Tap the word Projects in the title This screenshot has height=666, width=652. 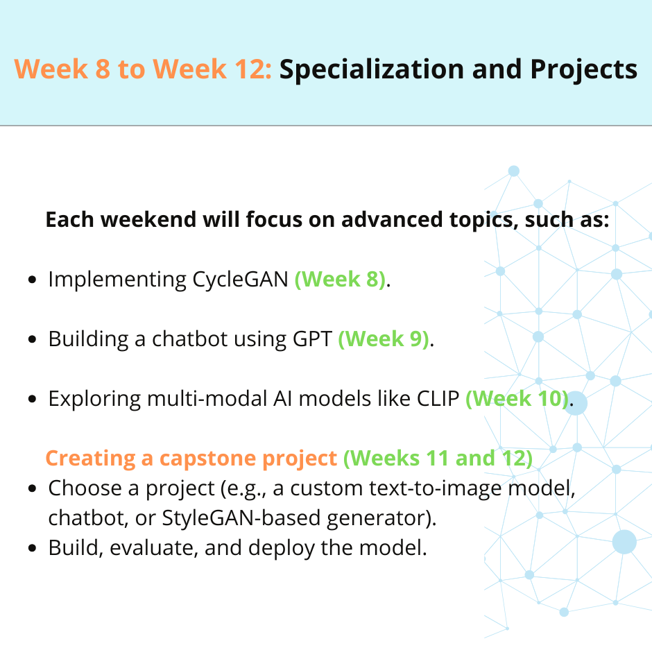pyautogui.click(x=583, y=69)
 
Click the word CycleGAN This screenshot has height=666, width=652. pyautogui.click(x=241, y=280)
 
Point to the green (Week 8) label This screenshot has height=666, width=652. pyautogui.click(x=341, y=280)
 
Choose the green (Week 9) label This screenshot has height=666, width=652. pyautogui.click(x=384, y=339)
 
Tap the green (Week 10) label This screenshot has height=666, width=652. pyautogui.click(x=517, y=399)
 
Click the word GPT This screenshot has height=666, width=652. pyautogui.click(x=312, y=339)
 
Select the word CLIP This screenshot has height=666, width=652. pyautogui.click(x=438, y=399)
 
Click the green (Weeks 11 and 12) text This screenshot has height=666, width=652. pyautogui.click(x=438, y=459)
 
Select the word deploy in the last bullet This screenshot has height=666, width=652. pyautogui.click(x=281, y=548)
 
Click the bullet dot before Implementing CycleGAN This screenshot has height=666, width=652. pyautogui.click(x=32, y=280)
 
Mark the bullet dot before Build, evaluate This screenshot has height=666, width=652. pyautogui.click(x=32, y=548)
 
